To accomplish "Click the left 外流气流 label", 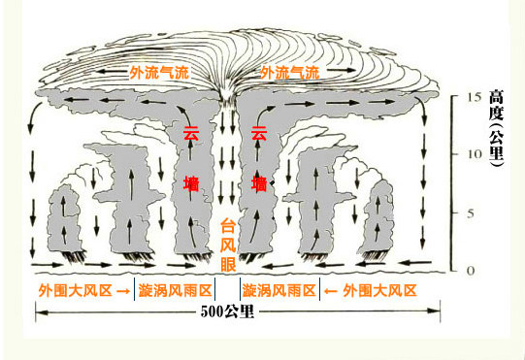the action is coord(159,73).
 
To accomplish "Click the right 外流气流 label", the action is coord(289,73).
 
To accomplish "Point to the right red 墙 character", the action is coord(258,183).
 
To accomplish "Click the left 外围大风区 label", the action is coord(74,290).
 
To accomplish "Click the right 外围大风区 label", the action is coord(379,290).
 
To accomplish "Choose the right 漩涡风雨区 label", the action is coord(279,290).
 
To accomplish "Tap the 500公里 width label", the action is coord(227,311).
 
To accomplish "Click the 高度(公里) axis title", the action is coord(496,126).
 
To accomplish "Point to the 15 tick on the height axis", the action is coord(473,98).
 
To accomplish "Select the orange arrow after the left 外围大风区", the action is coord(123,290).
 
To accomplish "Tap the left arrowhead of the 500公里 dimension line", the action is coord(40,312).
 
